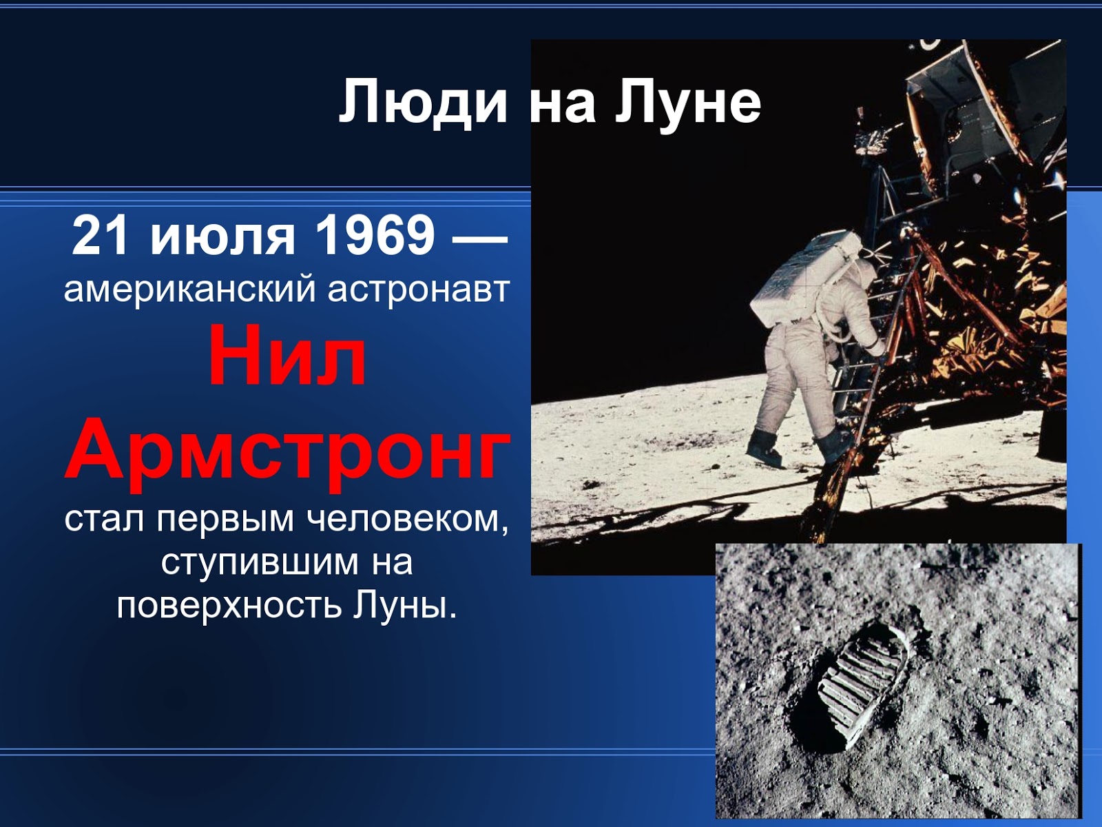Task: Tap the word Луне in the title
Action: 688,102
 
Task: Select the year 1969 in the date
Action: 375,236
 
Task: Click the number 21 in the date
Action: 101,236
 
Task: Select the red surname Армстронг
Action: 287,449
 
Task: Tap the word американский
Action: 190,289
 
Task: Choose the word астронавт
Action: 418,289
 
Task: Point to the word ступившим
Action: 260,563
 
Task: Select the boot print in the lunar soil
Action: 861,689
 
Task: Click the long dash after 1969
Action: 479,238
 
